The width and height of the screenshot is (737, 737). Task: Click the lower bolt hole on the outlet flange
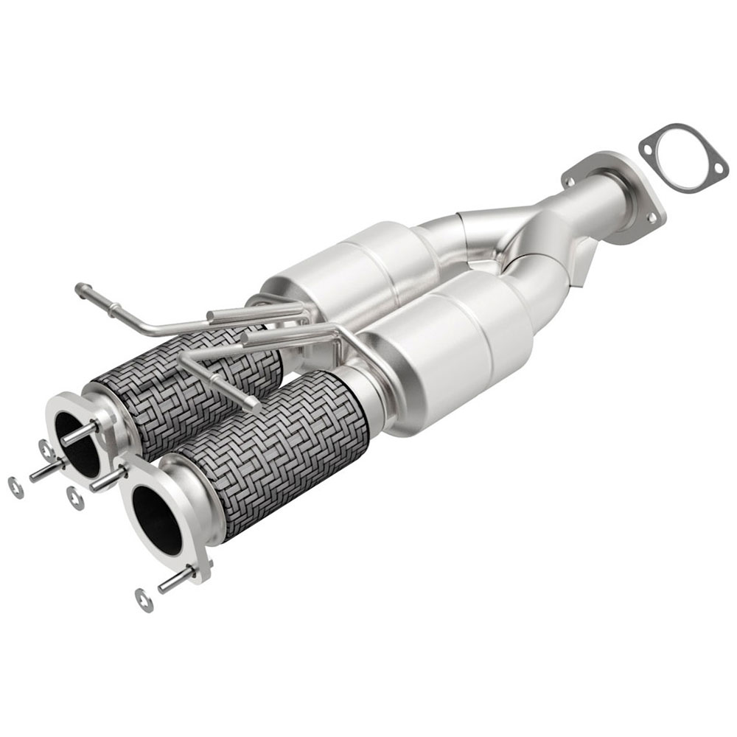click(652, 217)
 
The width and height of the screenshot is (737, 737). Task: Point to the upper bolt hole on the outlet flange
click(568, 179)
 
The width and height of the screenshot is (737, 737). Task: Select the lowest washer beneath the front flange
click(145, 600)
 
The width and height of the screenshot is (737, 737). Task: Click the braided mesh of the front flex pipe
click(280, 450)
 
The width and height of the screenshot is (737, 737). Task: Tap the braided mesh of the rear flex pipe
click(184, 383)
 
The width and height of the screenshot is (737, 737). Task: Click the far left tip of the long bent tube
click(79, 290)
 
